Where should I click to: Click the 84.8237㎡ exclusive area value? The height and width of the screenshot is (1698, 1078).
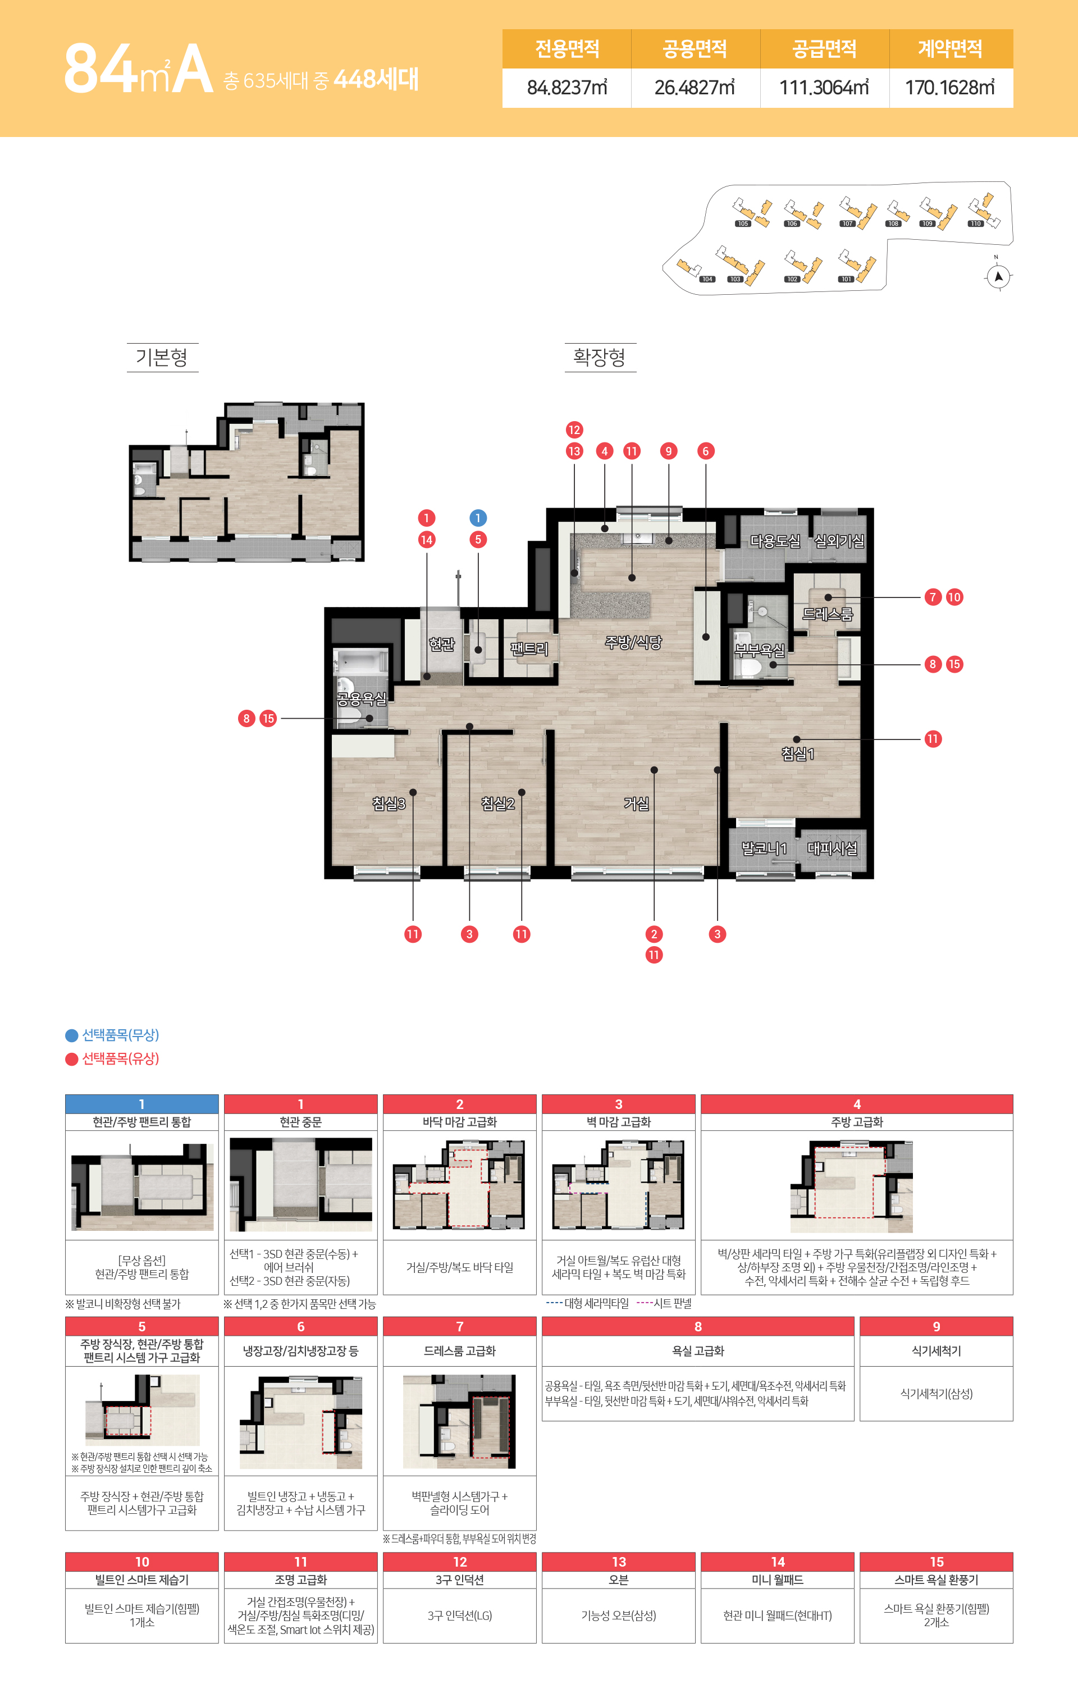567,88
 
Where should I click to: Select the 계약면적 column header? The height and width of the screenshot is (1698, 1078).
951,49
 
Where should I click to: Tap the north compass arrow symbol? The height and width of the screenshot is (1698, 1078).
998,276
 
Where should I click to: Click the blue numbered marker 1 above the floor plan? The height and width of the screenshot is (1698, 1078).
478,518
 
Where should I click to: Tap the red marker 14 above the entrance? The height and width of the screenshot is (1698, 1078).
427,540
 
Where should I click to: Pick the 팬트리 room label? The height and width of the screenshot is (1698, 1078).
529,649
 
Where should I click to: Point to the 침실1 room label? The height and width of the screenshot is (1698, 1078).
797,754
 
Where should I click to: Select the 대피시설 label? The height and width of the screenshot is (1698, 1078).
832,848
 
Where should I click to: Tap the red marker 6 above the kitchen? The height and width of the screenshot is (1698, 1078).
706,451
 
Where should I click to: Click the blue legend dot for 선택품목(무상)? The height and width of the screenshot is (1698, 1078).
71,1036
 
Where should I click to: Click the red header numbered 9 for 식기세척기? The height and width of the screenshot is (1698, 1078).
937,1326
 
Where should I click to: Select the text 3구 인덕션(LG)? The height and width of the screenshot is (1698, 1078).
460,1615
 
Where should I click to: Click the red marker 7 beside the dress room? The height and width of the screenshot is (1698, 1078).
933,597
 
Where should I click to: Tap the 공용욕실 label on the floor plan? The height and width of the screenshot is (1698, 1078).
361,699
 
